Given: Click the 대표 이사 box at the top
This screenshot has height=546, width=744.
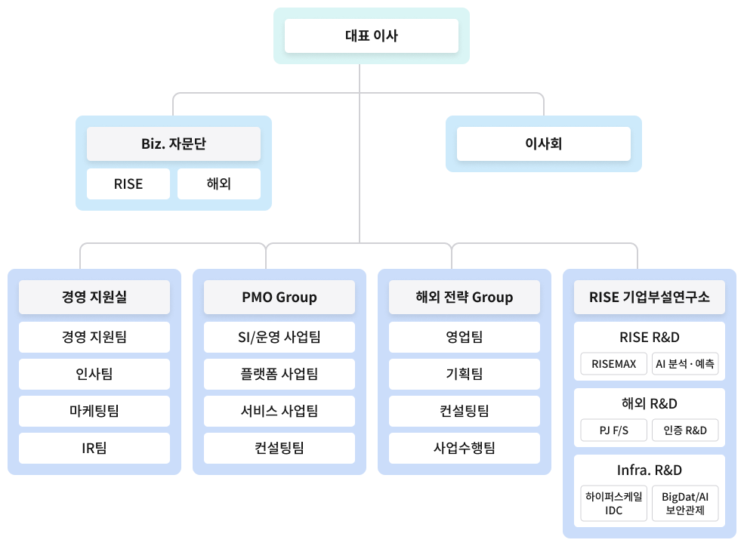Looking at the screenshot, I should [371, 35].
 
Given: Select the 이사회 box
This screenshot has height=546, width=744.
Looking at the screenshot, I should [543, 143].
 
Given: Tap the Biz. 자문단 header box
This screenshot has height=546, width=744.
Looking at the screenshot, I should [174, 143].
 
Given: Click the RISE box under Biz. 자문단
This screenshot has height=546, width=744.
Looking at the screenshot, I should [128, 184].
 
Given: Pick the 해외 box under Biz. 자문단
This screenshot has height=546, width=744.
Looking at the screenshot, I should [218, 184].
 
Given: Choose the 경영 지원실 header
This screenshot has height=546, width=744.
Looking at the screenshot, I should [94, 297].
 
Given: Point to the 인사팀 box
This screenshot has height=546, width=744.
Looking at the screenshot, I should [94, 374].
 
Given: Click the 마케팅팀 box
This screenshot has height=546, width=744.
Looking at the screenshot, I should [94, 411].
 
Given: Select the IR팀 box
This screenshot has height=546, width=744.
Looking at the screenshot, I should [94, 448].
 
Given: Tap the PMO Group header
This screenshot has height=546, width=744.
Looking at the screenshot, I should [279, 297].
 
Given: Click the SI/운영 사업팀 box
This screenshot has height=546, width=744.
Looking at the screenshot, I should [279, 337].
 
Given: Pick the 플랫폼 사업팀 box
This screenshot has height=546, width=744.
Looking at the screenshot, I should [279, 374].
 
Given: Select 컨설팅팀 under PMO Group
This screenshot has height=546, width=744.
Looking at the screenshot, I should [279, 448].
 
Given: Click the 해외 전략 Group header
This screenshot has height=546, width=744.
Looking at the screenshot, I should [465, 297].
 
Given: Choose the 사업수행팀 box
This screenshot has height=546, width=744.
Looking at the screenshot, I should [465, 448].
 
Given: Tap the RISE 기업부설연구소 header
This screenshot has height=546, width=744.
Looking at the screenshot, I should [650, 297].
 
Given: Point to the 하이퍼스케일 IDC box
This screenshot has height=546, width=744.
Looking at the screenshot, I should [613, 504].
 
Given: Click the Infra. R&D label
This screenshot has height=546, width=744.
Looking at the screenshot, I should [650, 470].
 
